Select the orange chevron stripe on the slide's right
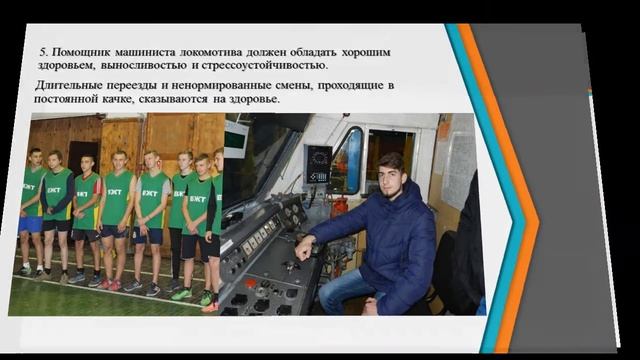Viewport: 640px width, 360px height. [520, 190]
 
